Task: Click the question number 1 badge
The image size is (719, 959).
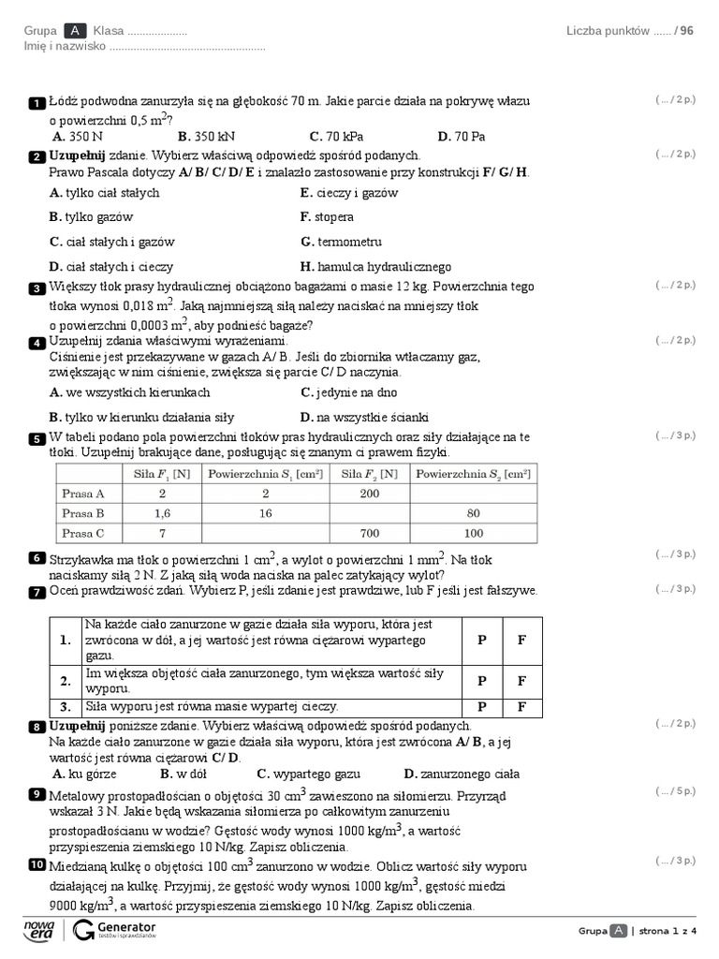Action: point(37,102)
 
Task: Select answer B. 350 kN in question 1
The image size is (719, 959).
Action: point(205,137)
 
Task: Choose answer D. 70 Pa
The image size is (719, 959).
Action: point(461,137)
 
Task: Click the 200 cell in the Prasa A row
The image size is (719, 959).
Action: point(371,494)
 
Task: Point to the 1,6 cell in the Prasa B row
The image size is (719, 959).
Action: point(162,513)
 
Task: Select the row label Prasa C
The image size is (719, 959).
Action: point(83,534)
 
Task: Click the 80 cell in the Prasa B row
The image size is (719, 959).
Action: point(474,513)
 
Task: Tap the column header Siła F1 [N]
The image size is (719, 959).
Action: point(162,474)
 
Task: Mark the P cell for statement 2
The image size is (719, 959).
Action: point(481,681)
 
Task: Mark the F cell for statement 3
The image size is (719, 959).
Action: point(521,707)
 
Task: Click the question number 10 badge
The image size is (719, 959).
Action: point(37,864)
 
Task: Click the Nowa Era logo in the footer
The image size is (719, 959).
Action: point(40,929)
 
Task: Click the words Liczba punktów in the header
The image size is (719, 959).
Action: point(608,31)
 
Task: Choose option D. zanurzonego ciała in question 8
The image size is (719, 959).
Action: point(461,775)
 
